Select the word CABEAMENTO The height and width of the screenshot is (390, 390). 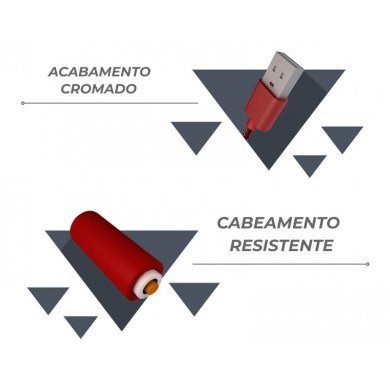click(278, 223)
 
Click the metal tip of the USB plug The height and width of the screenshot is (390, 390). click(283, 69)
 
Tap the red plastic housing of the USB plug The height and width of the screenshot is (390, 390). click(261, 105)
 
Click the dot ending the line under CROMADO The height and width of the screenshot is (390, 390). click(23, 103)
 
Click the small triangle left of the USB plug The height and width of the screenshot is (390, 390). click(196, 134)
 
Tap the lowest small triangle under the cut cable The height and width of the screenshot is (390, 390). click(80, 324)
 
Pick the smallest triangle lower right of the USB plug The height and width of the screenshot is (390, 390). click(311, 164)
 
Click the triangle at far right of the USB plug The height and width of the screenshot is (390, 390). click(342, 137)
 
